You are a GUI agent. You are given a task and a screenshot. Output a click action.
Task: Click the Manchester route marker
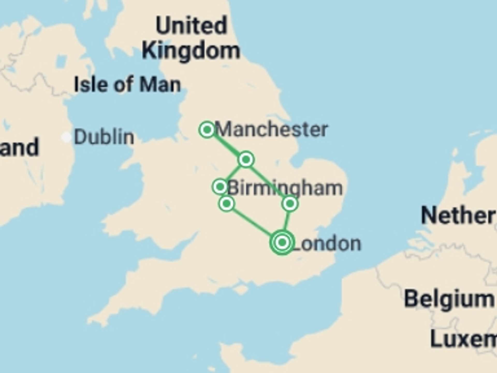pyautogui.click(x=207, y=129)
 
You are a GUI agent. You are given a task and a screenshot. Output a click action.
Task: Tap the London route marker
pyautogui.click(x=282, y=242)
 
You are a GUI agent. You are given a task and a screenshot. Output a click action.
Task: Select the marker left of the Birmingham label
pyautogui.click(x=220, y=187)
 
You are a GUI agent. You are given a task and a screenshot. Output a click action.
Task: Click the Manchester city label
pyautogui.click(x=272, y=129)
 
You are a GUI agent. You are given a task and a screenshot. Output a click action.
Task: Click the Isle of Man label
pyautogui.click(x=127, y=84)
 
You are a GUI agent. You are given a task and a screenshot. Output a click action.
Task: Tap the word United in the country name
pyautogui.click(x=192, y=25)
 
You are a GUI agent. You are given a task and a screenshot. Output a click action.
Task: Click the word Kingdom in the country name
pyautogui.click(x=191, y=51)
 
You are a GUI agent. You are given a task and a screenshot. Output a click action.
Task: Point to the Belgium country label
pyautogui.click(x=449, y=299)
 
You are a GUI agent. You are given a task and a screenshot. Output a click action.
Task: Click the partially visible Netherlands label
pyautogui.click(x=458, y=216)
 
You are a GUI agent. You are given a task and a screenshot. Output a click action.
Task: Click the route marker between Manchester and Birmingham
pyautogui.click(x=246, y=159)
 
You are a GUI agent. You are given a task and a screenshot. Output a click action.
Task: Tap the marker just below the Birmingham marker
pyautogui.click(x=227, y=204)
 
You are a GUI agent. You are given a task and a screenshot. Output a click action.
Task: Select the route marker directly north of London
pyautogui.click(x=290, y=204)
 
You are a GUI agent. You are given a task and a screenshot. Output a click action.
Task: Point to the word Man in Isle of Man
pyautogui.click(x=160, y=84)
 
